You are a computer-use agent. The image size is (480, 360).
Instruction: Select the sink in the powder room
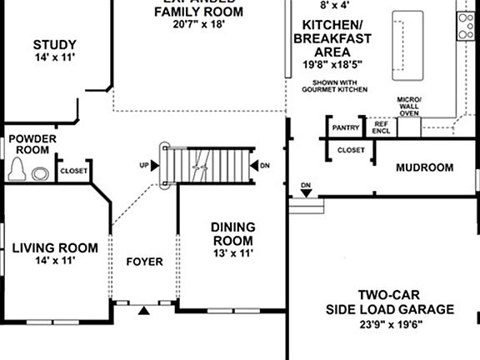click(x=39, y=174)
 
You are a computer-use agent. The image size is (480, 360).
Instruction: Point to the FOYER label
click(x=144, y=262)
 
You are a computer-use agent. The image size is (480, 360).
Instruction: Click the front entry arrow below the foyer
click(x=145, y=311)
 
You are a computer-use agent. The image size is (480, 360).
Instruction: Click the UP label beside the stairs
click(x=144, y=166)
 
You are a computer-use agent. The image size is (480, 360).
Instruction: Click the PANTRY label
click(x=345, y=127)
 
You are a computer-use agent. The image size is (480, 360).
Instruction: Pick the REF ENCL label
click(x=382, y=127)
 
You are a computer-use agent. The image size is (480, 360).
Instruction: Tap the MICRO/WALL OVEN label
click(x=410, y=107)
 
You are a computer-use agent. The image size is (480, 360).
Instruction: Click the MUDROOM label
click(x=424, y=167)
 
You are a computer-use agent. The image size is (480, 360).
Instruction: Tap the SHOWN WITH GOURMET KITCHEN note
click(x=340, y=86)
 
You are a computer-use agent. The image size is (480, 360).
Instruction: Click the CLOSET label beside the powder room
click(x=73, y=172)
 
